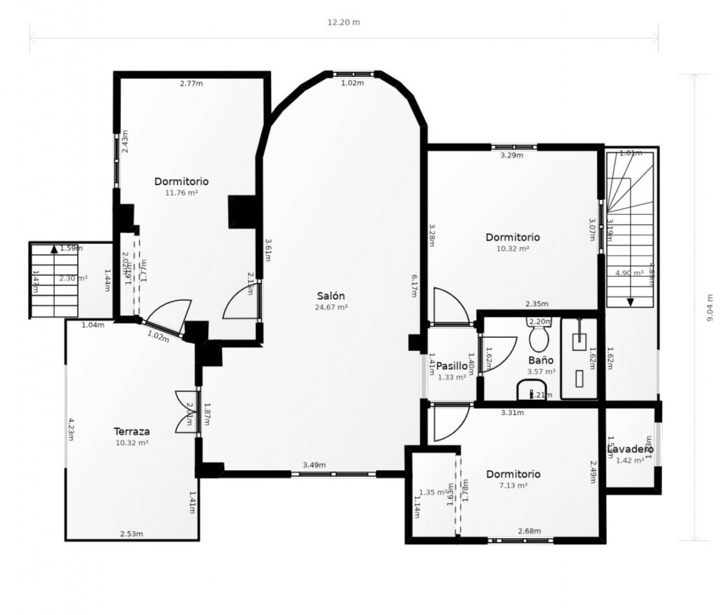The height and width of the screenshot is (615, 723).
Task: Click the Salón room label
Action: pyautogui.click(x=330, y=296)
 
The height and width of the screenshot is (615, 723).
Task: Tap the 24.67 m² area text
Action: pyautogui.click(x=330, y=308)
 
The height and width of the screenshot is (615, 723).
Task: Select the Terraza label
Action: pyautogui.click(x=132, y=431)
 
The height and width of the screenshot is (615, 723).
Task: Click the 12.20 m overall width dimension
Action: pyautogui.click(x=343, y=23)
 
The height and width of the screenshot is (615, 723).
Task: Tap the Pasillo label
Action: pyautogui.click(x=452, y=366)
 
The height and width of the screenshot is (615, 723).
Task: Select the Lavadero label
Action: pyautogui.click(x=630, y=450)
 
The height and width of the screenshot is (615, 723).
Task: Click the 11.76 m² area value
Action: pyautogui.click(x=181, y=193)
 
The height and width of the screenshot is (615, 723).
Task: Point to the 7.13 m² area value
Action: pyautogui.click(x=513, y=486)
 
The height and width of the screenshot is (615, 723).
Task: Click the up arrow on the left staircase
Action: pyautogui.click(x=54, y=248)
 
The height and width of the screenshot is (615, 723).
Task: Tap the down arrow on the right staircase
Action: pyautogui.click(x=630, y=302)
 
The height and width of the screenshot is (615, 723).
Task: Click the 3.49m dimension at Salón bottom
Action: pyautogui.click(x=314, y=465)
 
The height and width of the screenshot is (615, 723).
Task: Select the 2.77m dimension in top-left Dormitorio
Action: pyautogui.click(x=191, y=84)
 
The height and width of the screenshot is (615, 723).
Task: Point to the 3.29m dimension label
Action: pyautogui.click(x=512, y=155)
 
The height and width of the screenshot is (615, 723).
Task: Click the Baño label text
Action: pyautogui.click(x=541, y=360)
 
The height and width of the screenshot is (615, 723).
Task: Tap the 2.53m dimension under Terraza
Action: pyautogui.click(x=132, y=534)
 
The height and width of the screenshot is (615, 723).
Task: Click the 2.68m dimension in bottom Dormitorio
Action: pyautogui.click(x=529, y=531)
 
